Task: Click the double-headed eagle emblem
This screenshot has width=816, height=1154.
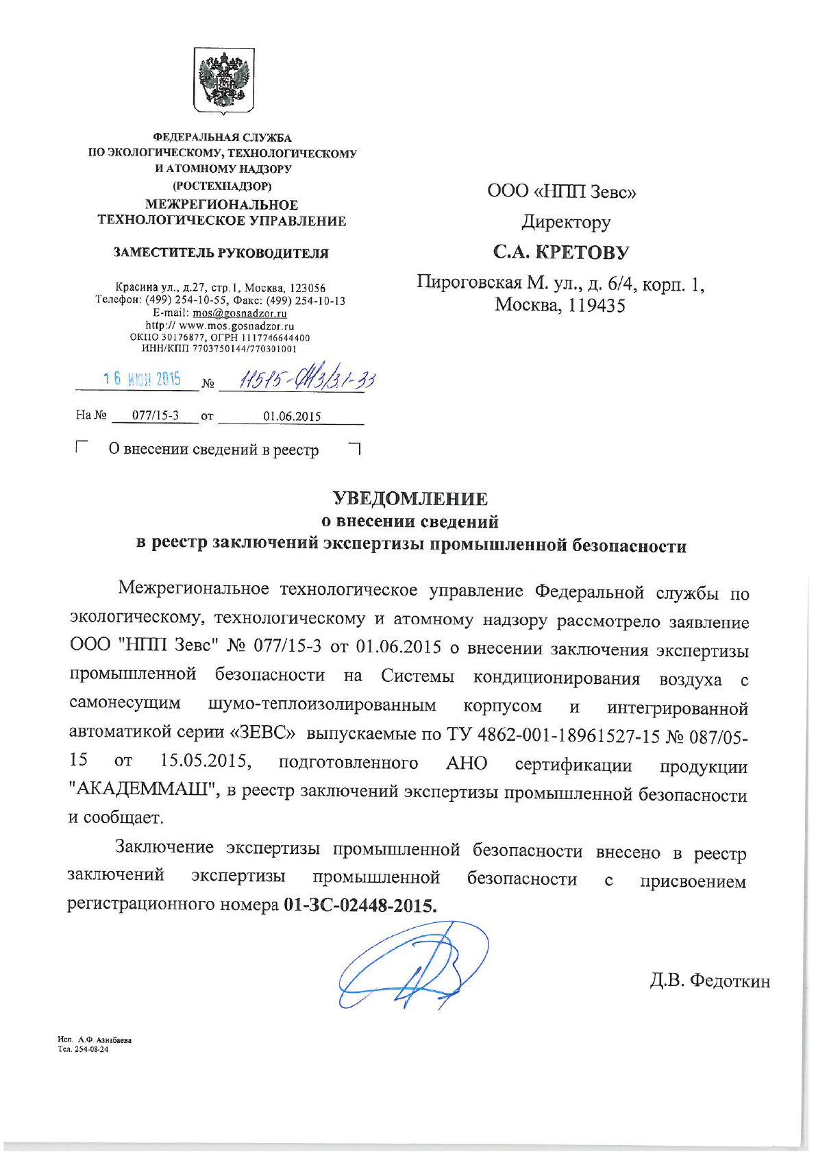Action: [x=223, y=79]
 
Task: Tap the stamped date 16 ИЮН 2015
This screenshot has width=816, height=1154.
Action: [x=142, y=379]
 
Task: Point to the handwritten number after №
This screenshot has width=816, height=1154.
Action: [x=306, y=379]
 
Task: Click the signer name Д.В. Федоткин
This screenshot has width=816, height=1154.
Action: [x=709, y=981]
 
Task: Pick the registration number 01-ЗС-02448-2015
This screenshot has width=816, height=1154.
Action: [x=360, y=905]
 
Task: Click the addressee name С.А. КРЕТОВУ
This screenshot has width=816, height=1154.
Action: [x=560, y=252]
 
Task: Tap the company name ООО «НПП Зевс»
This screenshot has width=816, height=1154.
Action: [x=562, y=191]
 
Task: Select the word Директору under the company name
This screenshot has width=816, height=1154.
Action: [x=566, y=222]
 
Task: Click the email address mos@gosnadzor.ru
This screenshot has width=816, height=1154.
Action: [x=239, y=313]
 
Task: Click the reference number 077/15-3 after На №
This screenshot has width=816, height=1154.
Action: [x=156, y=415]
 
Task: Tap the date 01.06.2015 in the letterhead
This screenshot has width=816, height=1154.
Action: [x=292, y=416]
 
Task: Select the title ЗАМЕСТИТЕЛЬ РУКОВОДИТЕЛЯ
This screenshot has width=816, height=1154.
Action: [x=221, y=253]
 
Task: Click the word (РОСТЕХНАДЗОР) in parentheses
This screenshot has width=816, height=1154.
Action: [x=222, y=185]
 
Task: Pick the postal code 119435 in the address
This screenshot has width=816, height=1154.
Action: [x=597, y=306]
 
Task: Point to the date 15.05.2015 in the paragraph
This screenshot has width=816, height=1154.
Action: [x=205, y=761]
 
